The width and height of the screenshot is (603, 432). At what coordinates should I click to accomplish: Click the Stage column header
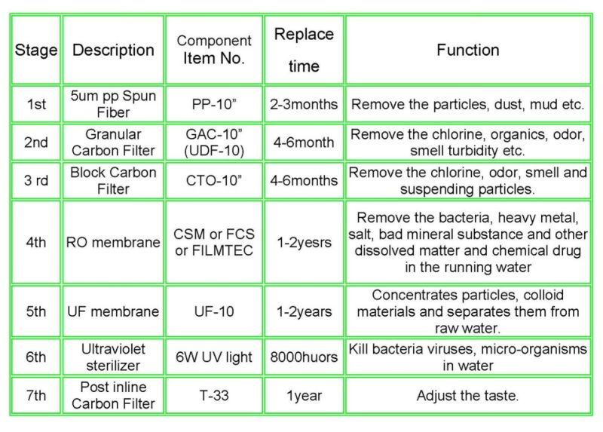[35, 50]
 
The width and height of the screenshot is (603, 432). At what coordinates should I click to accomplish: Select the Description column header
[113, 50]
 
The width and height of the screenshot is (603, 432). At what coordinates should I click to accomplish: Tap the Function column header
[467, 50]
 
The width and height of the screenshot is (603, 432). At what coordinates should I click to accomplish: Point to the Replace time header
[304, 50]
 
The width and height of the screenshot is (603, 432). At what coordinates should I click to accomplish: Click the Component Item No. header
[214, 50]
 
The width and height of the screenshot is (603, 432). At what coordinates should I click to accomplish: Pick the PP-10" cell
[214, 104]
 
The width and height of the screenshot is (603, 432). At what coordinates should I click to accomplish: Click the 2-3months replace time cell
[304, 104]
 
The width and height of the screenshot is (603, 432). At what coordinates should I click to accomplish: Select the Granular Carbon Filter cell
[113, 142]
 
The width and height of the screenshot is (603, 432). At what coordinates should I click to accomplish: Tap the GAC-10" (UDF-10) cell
[214, 142]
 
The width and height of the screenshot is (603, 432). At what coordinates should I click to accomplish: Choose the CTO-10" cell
[214, 180]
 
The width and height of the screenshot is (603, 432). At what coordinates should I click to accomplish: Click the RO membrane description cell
[113, 242]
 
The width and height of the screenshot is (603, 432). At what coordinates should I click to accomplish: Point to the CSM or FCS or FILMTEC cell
[214, 242]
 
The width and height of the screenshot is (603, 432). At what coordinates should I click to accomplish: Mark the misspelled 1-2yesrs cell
[304, 243]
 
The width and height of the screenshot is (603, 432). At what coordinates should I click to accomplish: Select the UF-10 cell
[214, 311]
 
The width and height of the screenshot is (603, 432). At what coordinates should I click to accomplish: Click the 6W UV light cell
[214, 357]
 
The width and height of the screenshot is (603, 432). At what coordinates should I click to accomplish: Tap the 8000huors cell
[304, 357]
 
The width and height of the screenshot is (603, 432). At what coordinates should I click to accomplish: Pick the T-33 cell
[214, 396]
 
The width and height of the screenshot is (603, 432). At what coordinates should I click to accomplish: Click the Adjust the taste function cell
[467, 396]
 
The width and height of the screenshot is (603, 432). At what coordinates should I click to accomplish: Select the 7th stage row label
[35, 396]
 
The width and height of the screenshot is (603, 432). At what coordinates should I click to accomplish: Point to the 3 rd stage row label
[36, 180]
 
